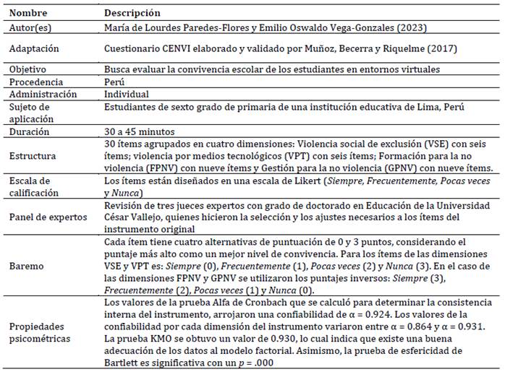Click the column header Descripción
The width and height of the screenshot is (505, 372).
pos(132,13)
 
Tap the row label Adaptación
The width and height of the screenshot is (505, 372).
pos(35,48)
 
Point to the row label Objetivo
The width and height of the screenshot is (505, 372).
pos(30,69)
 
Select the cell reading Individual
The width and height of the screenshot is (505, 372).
pos(127,94)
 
